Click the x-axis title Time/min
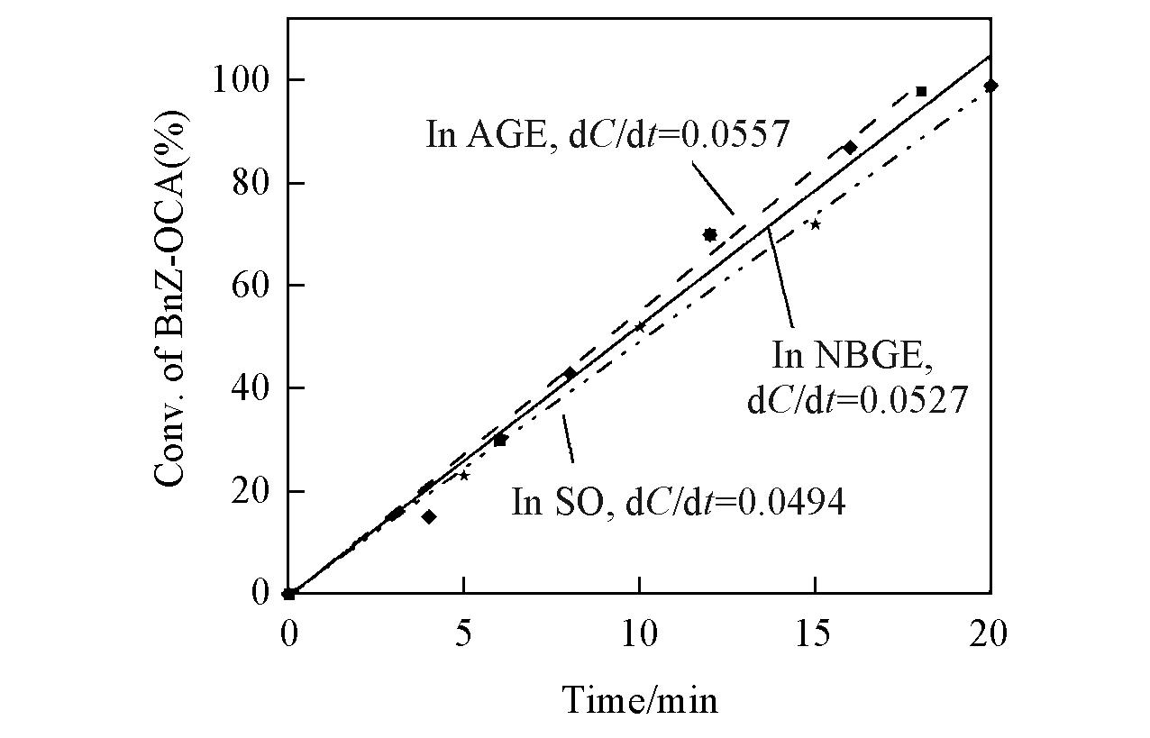click(641, 698)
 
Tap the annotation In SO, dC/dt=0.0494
click(679, 501)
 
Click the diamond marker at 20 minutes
click(990, 86)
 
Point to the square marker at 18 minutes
click(921, 91)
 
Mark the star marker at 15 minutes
click(815, 224)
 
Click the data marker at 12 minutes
click(709, 234)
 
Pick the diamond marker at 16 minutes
click(850, 147)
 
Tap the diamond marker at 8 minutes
click(570, 372)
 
